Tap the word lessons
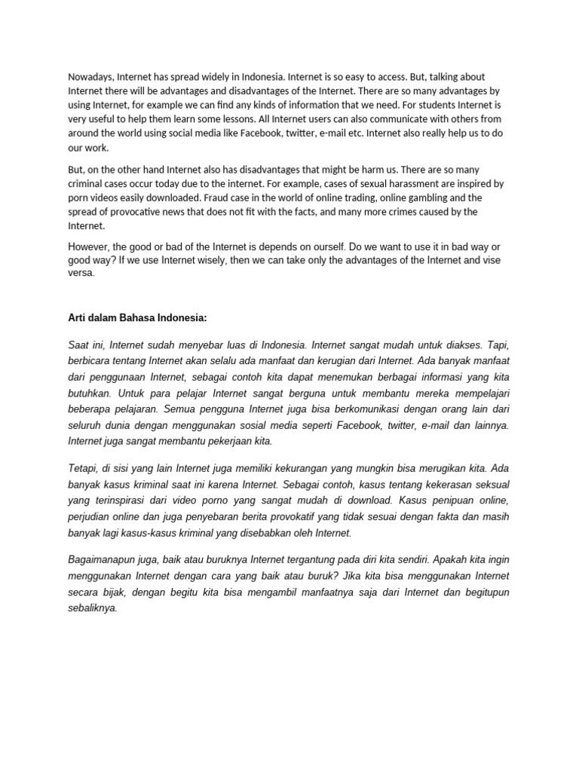272,119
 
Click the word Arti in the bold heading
78,318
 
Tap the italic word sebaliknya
93,608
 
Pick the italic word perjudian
91,516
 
